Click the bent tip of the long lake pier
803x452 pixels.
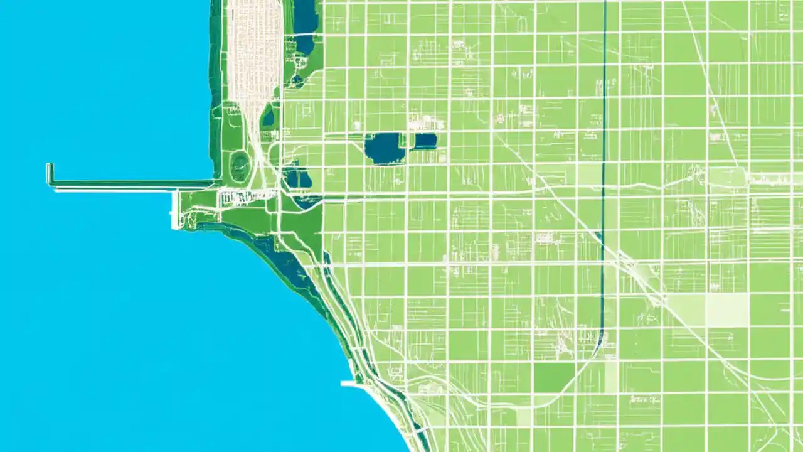50,173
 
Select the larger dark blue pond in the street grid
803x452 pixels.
385,148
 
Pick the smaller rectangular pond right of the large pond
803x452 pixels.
425,141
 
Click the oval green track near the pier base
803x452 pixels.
240,166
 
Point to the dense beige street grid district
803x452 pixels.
255,50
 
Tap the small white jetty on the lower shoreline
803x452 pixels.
348,383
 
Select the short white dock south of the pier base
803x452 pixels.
174,210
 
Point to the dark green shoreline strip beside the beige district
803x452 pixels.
216,82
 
